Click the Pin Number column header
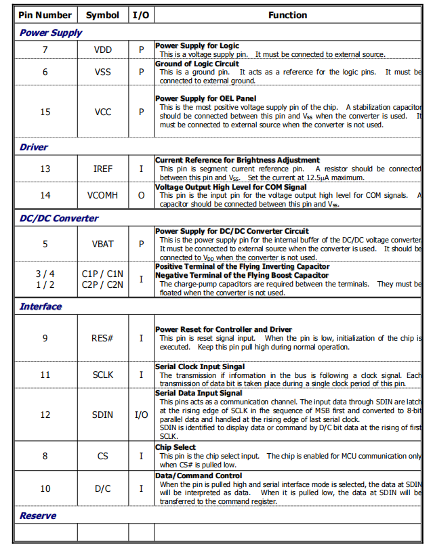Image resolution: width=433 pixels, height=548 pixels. [x=45, y=15]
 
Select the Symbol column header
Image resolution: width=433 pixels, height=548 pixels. [x=102, y=15]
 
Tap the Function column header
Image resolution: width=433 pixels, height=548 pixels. [x=287, y=15]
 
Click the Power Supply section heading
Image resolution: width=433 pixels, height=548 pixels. [x=51, y=33]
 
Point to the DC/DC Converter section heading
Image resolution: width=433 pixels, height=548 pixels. [x=59, y=218]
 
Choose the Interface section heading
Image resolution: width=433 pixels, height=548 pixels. [x=41, y=306]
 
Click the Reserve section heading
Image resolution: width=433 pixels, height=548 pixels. [x=38, y=515]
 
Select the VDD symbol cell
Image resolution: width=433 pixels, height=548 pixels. [x=103, y=50]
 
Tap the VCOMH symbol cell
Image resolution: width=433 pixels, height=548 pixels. [x=102, y=195]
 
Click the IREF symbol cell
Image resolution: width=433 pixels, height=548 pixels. [x=103, y=169]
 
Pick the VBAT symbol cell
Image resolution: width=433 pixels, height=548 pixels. [x=102, y=244]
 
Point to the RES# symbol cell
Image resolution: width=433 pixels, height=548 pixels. [x=103, y=338]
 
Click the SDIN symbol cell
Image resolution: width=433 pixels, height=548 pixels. [x=103, y=415]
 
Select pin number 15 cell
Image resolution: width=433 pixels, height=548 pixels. [x=45, y=112]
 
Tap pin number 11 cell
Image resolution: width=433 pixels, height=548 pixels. [x=45, y=375]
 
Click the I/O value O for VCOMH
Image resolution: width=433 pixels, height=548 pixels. [x=141, y=195]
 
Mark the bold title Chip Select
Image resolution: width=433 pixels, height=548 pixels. [x=176, y=447]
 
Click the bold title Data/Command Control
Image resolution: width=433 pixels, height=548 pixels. [x=199, y=476]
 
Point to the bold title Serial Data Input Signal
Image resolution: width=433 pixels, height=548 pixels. [x=199, y=393]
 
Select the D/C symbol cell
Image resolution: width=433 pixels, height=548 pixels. [x=103, y=488]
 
